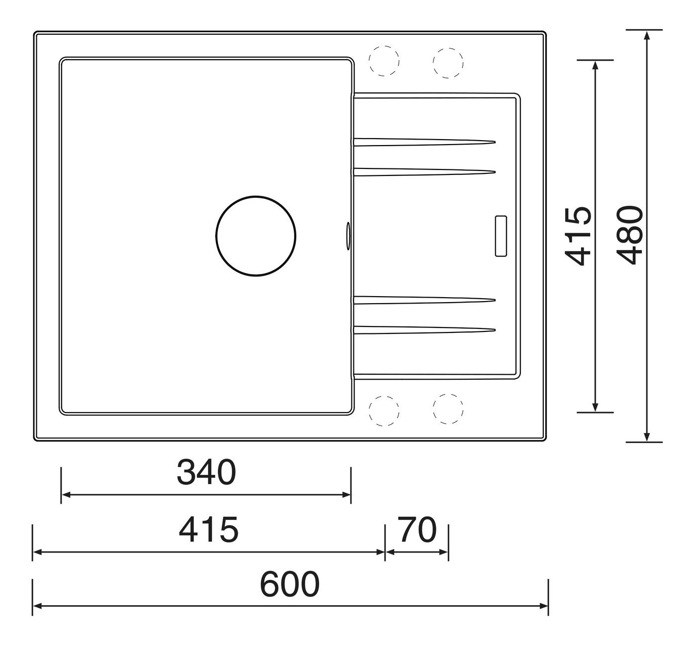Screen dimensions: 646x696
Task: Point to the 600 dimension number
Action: pos(289,585)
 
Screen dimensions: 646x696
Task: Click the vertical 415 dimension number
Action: pos(579,236)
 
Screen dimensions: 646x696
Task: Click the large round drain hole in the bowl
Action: pos(256,236)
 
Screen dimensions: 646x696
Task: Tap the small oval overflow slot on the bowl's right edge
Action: pos(348,235)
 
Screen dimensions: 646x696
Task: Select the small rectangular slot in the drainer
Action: pos(501,237)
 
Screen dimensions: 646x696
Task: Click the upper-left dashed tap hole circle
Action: pos(384,62)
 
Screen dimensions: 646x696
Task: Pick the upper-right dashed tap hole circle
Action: pos(448,63)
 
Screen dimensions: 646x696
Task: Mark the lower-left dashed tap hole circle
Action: pos(384,411)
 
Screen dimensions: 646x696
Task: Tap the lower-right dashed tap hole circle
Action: pos(448,409)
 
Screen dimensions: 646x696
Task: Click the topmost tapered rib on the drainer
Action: pos(423,142)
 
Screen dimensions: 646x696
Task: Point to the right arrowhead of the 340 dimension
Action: pos(347,495)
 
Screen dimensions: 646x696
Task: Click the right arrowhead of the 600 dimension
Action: pos(544,606)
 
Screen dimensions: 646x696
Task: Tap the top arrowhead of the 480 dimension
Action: pos(646,35)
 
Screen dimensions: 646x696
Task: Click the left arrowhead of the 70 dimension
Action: pos(390,552)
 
